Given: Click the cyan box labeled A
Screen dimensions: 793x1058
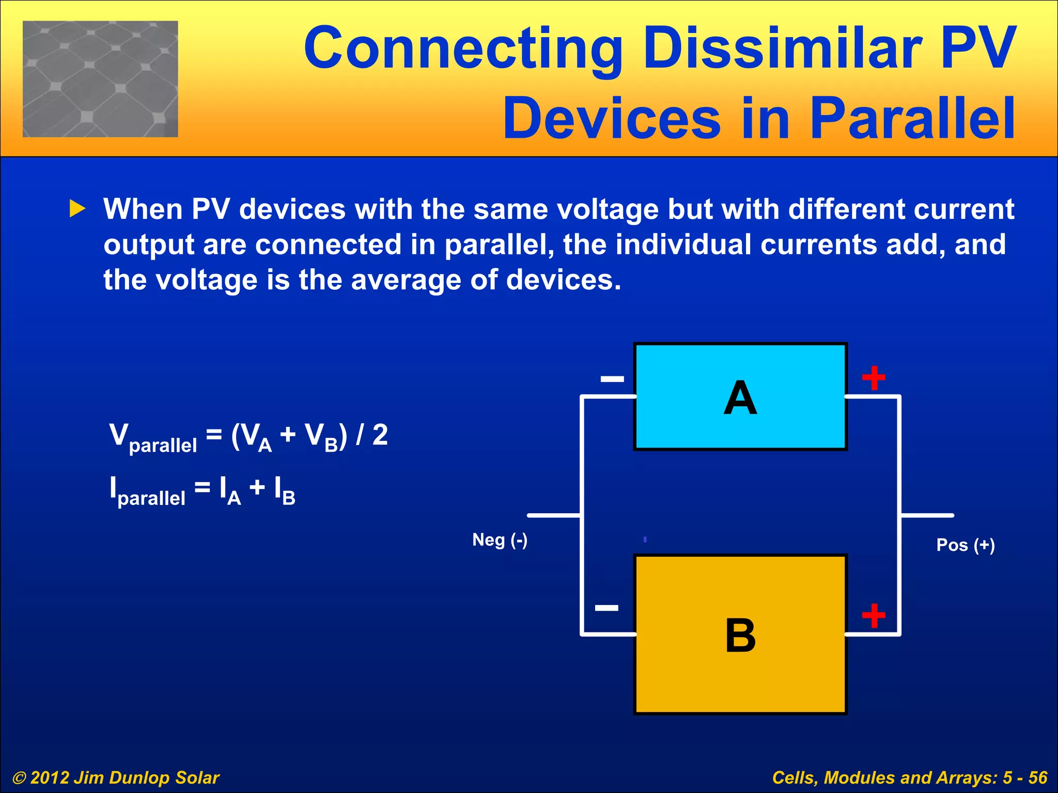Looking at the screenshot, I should coord(740,396).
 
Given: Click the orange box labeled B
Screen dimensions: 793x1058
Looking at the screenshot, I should coord(740,634).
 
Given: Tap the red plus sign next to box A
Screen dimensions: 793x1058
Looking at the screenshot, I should coord(874,378).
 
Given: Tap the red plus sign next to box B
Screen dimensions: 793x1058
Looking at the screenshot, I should coord(874,615).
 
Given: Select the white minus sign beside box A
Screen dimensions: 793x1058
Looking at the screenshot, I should coord(612,379).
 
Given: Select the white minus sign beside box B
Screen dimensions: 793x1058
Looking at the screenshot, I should coord(606,608).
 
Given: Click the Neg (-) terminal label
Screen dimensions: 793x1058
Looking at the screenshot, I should coord(500,540).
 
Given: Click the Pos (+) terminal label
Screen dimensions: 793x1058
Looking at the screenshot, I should coord(965,545).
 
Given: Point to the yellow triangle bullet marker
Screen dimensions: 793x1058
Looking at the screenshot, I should coord(77,209).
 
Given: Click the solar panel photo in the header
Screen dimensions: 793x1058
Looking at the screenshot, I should coord(100,79).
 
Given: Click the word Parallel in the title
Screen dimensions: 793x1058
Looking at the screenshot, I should coord(912,119).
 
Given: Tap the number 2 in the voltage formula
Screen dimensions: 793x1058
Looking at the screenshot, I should coord(380,435).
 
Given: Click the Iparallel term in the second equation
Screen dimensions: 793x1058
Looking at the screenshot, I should coord(147,490).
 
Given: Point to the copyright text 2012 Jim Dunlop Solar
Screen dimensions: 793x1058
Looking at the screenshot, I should coord(116,778).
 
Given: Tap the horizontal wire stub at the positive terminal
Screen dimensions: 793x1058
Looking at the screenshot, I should coord(927,515).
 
